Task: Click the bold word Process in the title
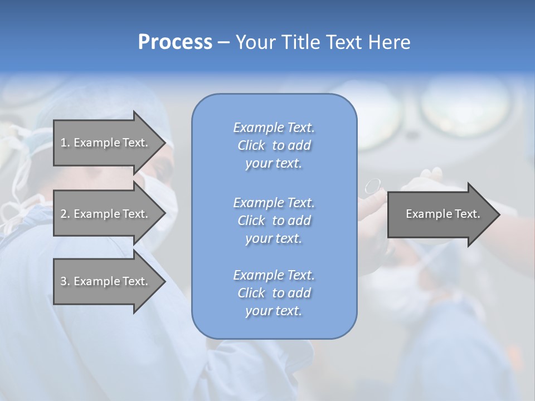175,42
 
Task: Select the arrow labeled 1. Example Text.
106,143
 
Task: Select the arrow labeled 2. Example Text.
106,214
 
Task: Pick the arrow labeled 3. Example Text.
106,281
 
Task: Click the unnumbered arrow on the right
440,214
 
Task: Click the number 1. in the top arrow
65,143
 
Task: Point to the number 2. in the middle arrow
65,214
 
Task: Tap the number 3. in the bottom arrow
65,281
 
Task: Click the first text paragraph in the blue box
274,145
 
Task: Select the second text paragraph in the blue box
274,221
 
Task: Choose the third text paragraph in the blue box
274,293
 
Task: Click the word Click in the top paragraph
251,145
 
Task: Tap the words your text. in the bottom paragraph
274,311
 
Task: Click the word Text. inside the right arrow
467,214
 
